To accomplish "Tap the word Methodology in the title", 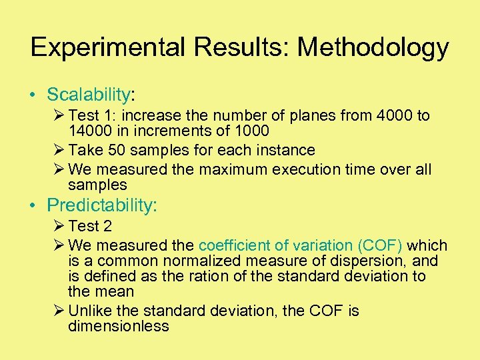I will tap(373, 47).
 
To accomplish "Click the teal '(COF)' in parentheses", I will tap(379, 245).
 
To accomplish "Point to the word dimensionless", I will tap(119, 326).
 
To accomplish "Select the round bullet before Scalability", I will tap(33, 95).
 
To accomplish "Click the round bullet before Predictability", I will tap(33, 205).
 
